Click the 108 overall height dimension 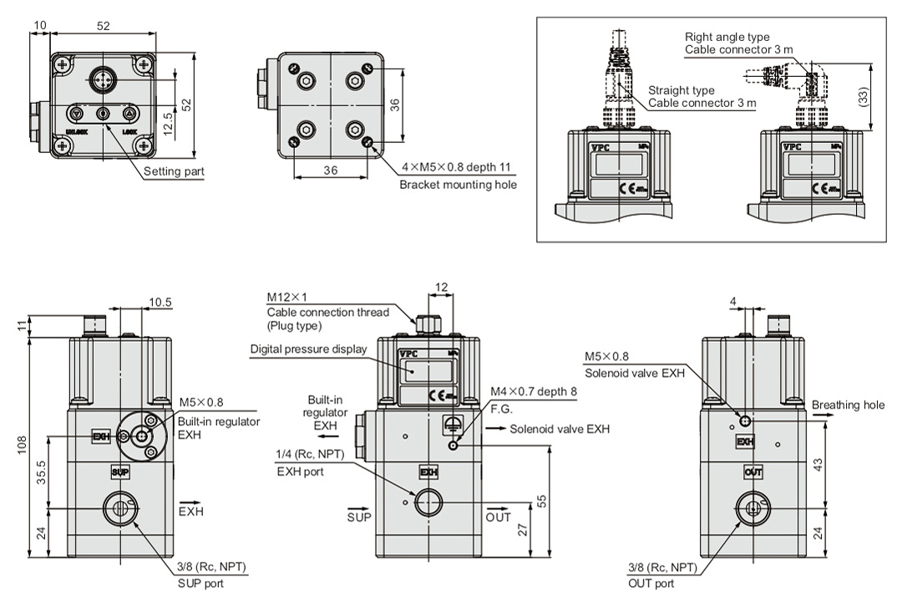tap(22, 447)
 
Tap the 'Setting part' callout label tap(174, 171)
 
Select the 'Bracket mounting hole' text tap(458, 185)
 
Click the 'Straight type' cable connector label tap(681, 89)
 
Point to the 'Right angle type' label tap(727, 37)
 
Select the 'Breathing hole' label tap(848, 406)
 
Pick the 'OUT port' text tap(653, 584)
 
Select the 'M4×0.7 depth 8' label tap(532, 391)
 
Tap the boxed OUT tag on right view tap(753, 472)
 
